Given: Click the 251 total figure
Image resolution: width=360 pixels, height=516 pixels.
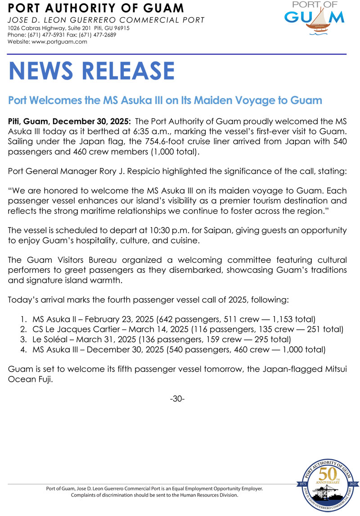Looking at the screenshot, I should pyautogui.click(x=322, y=330).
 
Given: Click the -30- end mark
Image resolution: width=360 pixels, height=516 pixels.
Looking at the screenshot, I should pyautogui.click(x=177, y=399).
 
